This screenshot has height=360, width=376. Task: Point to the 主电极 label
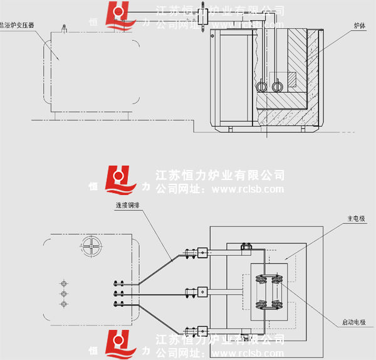[357, 219]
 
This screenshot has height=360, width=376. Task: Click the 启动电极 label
[353, 322]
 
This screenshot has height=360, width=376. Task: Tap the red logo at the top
[119, 16]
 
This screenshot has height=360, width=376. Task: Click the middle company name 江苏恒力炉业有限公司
[219, 175]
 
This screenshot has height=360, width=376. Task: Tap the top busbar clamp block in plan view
[202, 253]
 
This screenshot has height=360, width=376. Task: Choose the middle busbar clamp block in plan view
[202, 292]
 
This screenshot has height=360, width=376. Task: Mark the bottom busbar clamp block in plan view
[202, 329]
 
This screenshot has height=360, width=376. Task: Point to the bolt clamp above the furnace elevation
[204, 16]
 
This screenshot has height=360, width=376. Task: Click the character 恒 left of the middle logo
[95, 187]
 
